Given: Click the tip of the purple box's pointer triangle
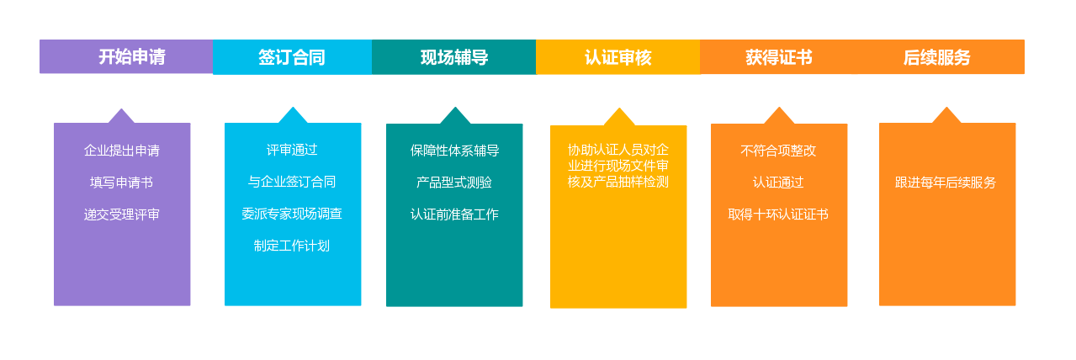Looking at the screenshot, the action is point(121,109).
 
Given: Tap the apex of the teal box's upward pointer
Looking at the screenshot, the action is point(455,107).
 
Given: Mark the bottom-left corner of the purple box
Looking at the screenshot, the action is point(54,305).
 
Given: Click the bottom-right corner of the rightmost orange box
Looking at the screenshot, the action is point(1015,305).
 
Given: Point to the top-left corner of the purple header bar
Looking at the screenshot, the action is point(40,40).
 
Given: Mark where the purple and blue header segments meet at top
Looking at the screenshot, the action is point(214,40).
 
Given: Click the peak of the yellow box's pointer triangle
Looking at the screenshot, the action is point(619,108).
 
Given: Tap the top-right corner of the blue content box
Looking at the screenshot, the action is point(361,124).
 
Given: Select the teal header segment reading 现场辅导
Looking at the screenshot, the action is point(454,57).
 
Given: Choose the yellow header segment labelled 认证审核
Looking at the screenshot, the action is point(618,57).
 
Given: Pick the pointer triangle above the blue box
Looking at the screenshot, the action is point(293,115).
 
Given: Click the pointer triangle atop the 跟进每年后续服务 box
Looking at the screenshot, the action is point(946,115).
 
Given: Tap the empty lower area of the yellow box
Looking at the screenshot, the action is point(618,250).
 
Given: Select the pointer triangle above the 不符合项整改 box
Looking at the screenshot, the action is point(779,116).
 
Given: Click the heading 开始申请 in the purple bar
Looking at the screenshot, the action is point(132,56).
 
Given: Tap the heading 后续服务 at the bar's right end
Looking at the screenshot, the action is point(936,57).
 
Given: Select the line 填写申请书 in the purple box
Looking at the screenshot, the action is point(121,183).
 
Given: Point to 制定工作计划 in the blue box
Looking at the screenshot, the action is point(292,246).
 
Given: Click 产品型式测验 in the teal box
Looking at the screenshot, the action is point(454,183).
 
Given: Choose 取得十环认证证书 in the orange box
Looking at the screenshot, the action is point(778,214).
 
